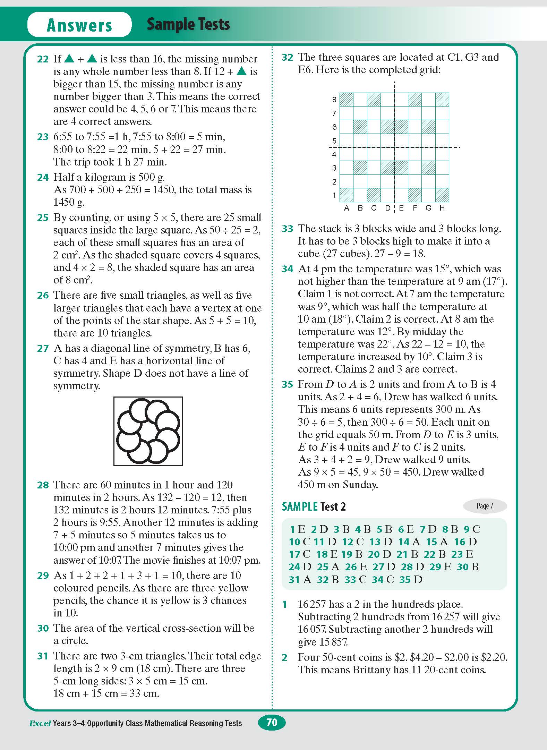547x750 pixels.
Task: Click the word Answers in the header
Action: [x=79, y=25]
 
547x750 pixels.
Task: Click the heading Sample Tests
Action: [x=188, y=24]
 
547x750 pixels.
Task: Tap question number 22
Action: [x=43, y=59]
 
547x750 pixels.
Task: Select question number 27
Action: [x=43, y=348]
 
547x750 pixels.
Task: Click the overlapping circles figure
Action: [x=148, y=431]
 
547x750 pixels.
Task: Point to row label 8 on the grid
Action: [x=334, y=100]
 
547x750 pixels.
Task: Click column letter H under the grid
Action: [x=442, y=208]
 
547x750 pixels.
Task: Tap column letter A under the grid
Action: [x=346, y=208]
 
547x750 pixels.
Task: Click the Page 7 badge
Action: [x=485, y=506]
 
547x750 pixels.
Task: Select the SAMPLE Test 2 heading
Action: [x=314, y=507]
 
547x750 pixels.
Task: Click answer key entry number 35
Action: [x=405, y=580]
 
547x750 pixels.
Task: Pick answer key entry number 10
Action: [x=294, y=542]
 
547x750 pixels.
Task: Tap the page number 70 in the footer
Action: [x=272, y=722]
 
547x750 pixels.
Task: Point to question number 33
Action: [x=287, y=229]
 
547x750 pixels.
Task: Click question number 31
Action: [x=43, y=656]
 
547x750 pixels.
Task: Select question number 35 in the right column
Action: [x=287, y=385]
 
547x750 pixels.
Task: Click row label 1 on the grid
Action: [x=334, y=196]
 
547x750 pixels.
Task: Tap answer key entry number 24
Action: [x=294, y=567]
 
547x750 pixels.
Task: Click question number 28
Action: [x=43, y=485]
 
